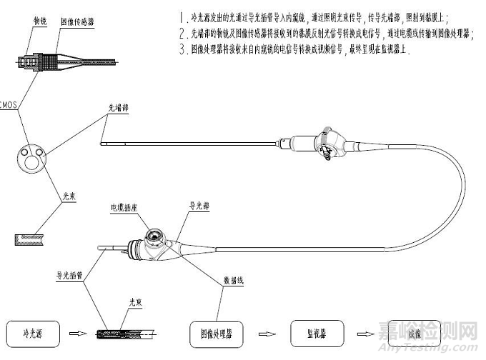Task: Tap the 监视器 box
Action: point(314,333)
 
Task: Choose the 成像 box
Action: point(414,334)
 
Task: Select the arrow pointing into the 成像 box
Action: point(365,334)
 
